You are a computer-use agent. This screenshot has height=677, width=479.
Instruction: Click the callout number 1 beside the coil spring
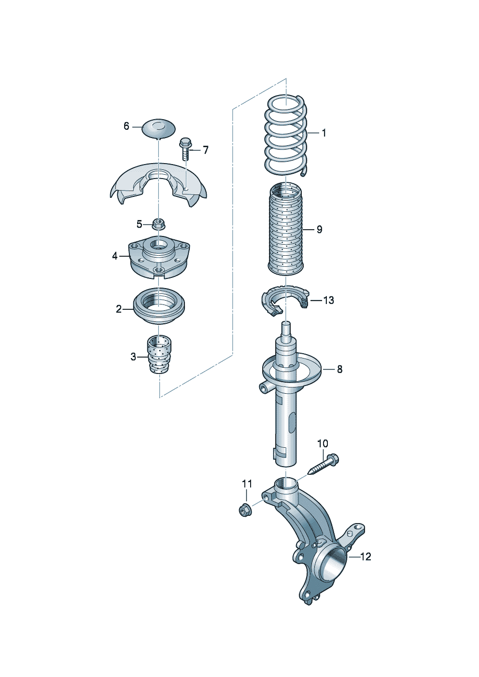tap(324, 133)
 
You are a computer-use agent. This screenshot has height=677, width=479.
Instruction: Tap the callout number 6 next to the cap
tap(127, 126)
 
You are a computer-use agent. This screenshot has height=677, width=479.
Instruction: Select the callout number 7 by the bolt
tap(206, 150)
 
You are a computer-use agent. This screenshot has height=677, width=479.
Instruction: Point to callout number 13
tap(328, 301)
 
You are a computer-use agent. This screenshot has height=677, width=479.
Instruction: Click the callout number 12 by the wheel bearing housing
tap(366, 556)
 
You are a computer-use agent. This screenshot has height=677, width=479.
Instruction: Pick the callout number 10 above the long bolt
tap(323, 443)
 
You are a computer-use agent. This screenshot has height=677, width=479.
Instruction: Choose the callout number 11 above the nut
tap(247, 484)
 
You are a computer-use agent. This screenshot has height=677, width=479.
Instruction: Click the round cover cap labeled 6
tap(159, 129)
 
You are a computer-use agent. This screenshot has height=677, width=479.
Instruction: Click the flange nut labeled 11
tap(244, 511)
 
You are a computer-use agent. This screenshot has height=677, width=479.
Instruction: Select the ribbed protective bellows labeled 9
tap(286, 229)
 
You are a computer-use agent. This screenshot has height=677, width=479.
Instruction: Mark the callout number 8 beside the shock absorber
tap(339, 369)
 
